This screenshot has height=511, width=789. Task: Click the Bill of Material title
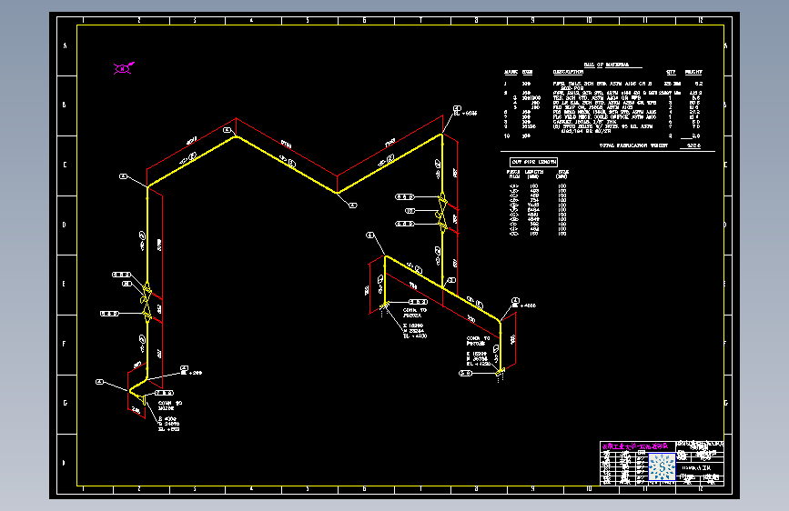coord(599,65)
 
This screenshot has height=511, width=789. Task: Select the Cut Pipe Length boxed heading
coord(533,161)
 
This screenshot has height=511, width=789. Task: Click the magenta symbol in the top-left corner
coord(123,66)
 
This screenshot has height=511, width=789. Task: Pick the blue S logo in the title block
coord(663,465)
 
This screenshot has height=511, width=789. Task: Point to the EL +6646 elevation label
coord(465,115)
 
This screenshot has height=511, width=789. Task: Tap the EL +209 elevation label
coord(192,373)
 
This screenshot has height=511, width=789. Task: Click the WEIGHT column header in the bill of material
coord(693,72)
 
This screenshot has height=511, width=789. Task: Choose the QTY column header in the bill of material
coord(672,72)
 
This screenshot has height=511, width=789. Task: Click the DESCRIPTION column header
coord(568,72)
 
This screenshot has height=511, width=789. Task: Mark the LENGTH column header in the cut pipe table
coord(536,171)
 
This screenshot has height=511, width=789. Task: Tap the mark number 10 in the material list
coord(507,135)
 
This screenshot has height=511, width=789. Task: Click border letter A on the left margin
coord(64,45)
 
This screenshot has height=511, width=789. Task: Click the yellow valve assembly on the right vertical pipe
coord(441,211)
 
